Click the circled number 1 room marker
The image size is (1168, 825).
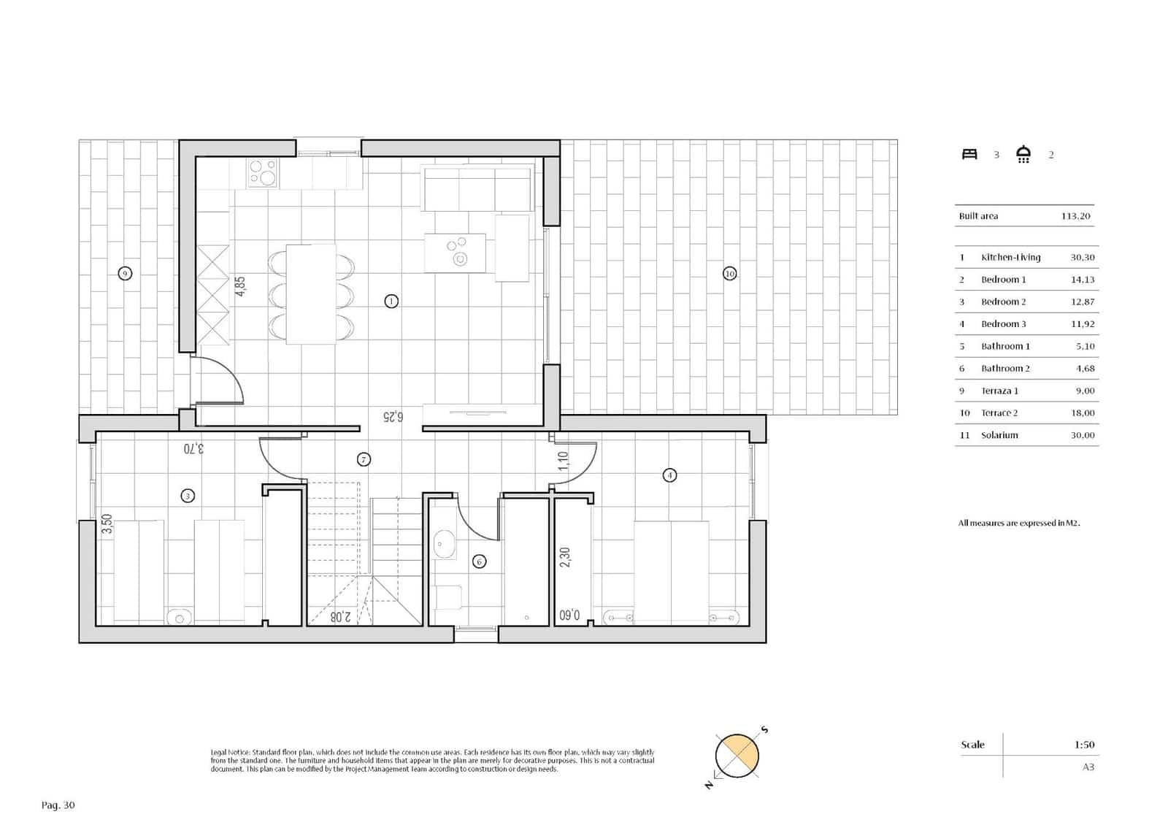point(391,301)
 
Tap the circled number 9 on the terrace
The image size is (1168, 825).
point(125,274)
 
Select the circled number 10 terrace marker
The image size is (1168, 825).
point(729,274)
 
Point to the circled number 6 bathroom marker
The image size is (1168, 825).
point(479,561)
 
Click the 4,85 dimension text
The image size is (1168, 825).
point(240,285)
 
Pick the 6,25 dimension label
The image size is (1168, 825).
point(393,417)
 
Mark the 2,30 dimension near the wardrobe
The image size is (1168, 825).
point(564,557)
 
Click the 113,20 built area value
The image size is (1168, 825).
point(1075,216)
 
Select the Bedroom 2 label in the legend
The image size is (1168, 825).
point(1003,302)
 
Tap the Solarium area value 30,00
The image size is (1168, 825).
point(1083,435)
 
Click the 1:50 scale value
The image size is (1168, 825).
point(1084,745)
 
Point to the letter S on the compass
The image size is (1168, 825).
point(765,729)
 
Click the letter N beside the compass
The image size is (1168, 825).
point(708,786)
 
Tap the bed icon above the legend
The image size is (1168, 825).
point(969,154)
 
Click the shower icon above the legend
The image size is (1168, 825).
point(1023,154)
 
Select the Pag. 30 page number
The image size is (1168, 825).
point(58,805)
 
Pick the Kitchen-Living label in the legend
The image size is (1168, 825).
point(1010,257)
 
